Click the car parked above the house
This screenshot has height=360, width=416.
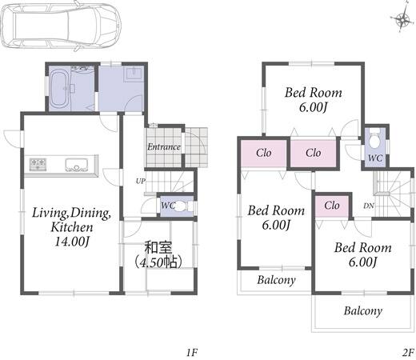click(61, 26)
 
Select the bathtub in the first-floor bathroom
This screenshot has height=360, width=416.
click(60, 88)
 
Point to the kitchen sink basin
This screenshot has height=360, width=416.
click(77, 165)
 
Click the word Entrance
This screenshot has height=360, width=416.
click(164, 147)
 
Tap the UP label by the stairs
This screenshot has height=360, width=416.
click(141, 181)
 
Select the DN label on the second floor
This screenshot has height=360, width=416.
click(369, 206)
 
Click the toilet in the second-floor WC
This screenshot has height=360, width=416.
click(375, 139)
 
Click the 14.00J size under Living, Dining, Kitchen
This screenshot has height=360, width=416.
click(72, 242)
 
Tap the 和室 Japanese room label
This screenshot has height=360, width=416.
click(158, 248)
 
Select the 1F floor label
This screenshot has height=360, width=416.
click(191, 353)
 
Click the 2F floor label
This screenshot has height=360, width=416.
click(408, 353)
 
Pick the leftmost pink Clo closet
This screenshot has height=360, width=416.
click(264, 154)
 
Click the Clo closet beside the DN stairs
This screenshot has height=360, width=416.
click(332, 206)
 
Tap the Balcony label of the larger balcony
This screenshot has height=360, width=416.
click(363, 311)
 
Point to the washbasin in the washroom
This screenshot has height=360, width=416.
click(134, 73)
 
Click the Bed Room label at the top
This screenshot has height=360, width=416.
click(313, 93)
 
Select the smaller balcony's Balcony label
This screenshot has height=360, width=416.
click(276, 280)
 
